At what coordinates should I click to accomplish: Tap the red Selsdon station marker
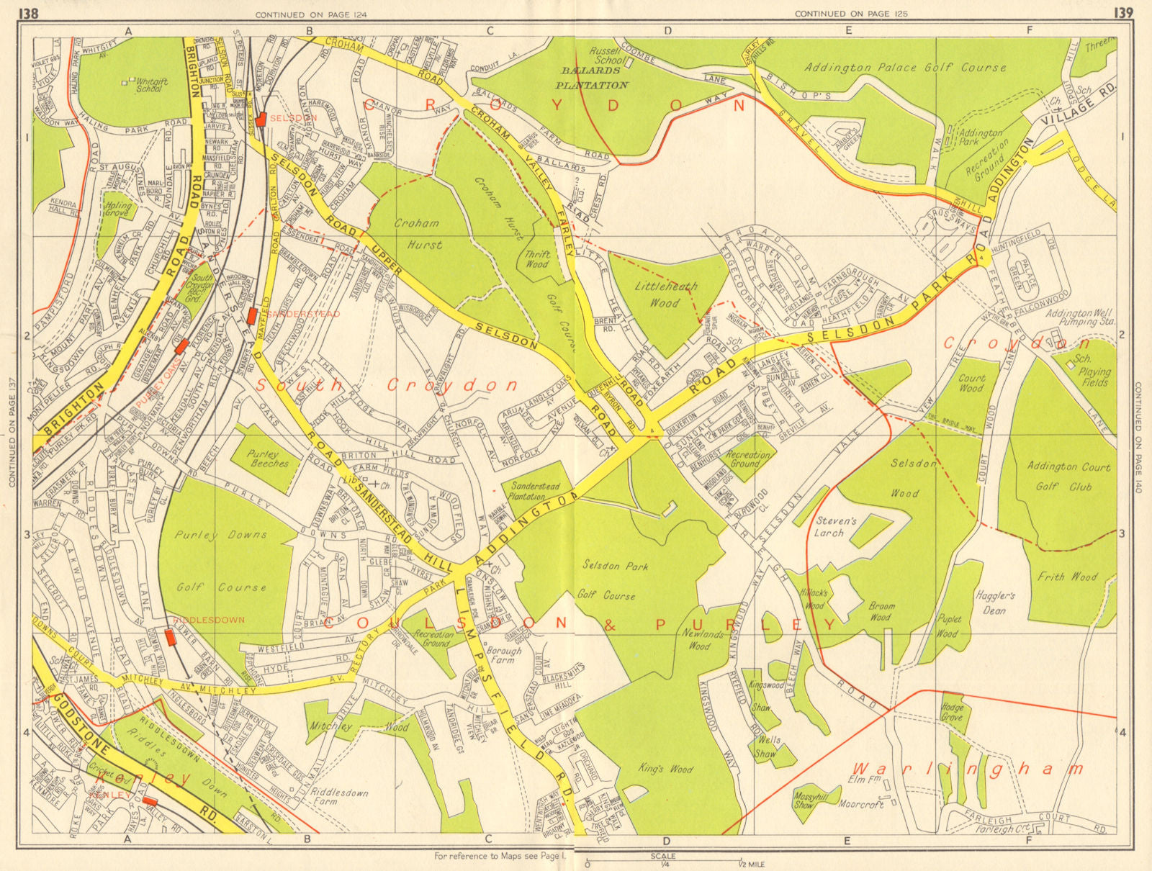pos(261,119)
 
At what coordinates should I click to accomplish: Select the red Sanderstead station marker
pos(252,315)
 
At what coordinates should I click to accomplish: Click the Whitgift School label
pos(150,85)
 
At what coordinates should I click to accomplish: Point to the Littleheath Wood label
pos(665,294)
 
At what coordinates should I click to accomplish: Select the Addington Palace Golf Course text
pos(905,68)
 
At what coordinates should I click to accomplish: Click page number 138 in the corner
pos(29,12)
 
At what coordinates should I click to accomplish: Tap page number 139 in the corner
pos(1122,12)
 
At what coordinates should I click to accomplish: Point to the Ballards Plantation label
pos(595,78)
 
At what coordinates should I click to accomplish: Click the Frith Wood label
pos(1067,576)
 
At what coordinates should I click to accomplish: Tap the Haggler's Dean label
pos(996,603)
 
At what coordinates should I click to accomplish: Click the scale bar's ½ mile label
pos(751,864)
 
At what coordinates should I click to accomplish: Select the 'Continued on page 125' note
pos(850,14)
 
